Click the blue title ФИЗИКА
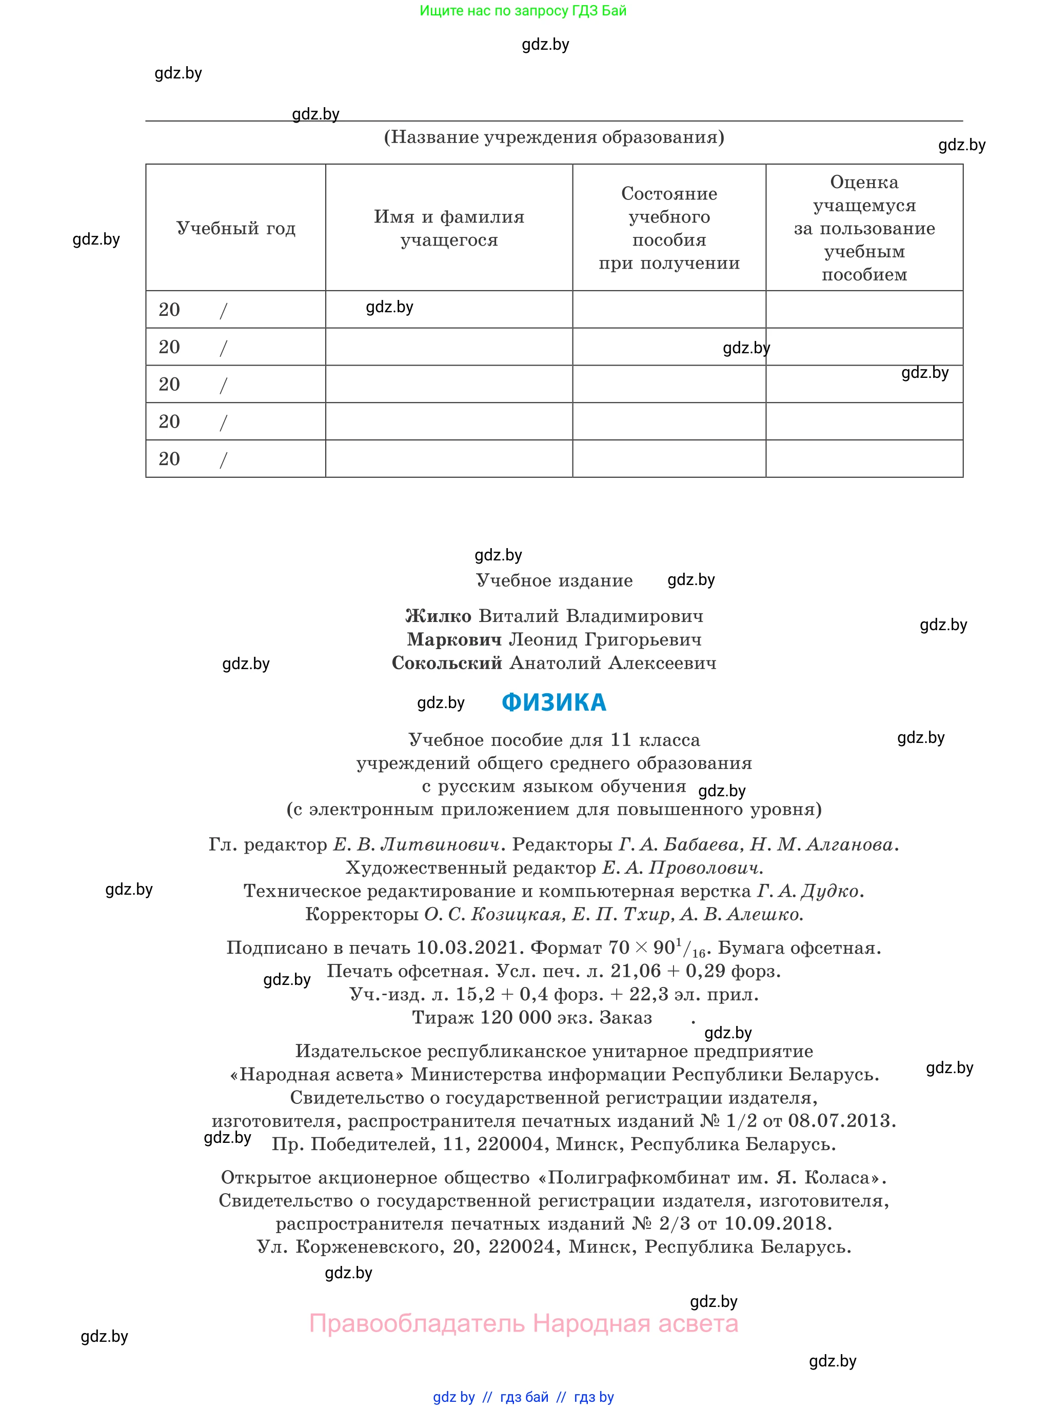(554, 702)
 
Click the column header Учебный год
(235, 228)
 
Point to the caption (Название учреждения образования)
(554, 137)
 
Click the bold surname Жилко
(439, 616)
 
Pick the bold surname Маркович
(454, 640)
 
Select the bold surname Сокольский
(447, 663)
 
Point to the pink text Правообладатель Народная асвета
(523, 1324)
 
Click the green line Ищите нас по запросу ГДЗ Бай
(523, 11)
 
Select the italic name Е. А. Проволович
(682, 868)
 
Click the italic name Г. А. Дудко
(808, 892)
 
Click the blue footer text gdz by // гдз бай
(491, 1397)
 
